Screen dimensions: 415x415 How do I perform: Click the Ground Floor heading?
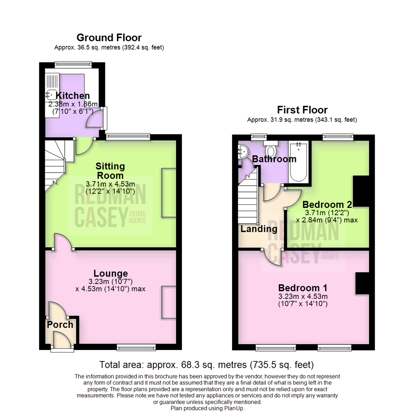point(109,38)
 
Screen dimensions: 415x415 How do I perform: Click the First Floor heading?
point(302,110)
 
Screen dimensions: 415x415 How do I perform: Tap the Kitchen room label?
point(73,96)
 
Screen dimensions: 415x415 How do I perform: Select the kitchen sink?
point(50,93)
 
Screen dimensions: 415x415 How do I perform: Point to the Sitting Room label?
point(110,171)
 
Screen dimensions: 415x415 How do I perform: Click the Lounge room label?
point(111,273)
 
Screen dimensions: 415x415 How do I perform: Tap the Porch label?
point(60,325)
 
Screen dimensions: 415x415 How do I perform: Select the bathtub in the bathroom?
point(299,162)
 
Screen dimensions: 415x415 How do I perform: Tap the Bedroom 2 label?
point(327,204)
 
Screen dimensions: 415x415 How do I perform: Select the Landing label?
point(259,229)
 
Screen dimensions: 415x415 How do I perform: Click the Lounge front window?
point(136,347)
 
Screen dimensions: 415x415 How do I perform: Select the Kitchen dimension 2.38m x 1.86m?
point(73,104)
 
